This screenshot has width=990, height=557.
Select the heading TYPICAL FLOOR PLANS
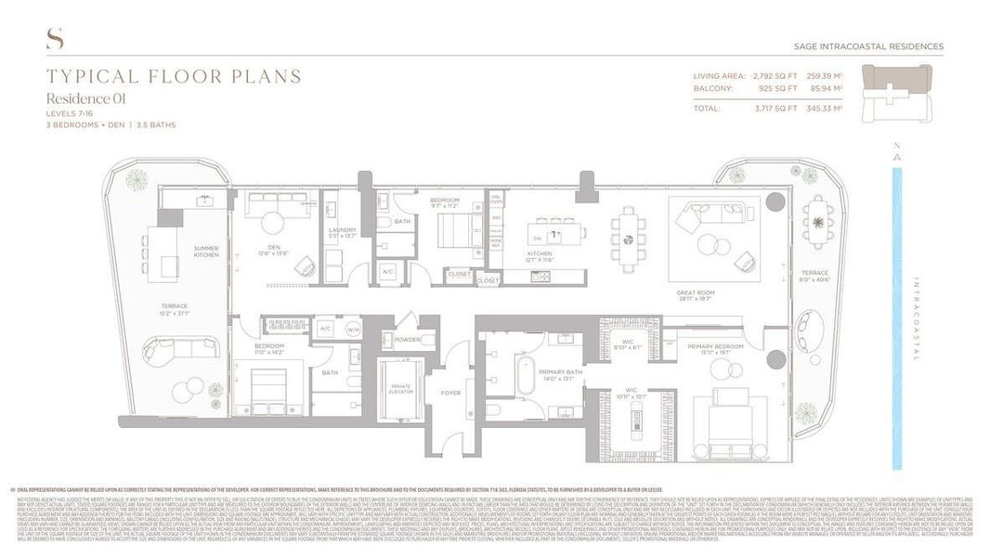(174, 76)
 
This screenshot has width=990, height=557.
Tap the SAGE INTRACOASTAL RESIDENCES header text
(869, 46)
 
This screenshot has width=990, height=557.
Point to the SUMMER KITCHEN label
(206, 252)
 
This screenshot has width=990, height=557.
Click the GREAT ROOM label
(694, 292)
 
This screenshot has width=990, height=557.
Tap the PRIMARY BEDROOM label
(712, 346)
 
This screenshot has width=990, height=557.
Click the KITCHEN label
(541, 253)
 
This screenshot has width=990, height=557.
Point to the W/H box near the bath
(353, 329)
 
